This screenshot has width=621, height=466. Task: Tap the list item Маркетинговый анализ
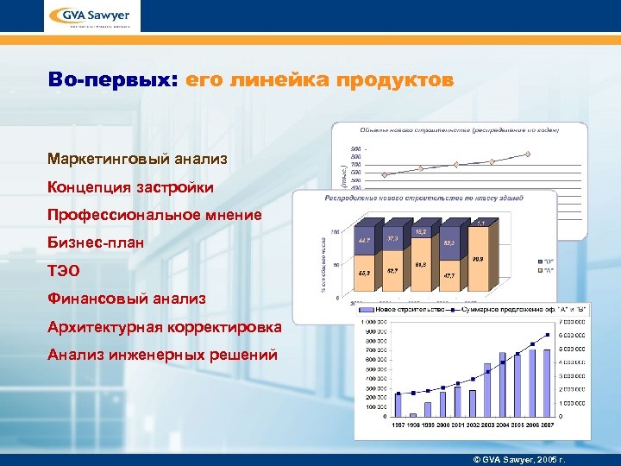click(x=138, y=160)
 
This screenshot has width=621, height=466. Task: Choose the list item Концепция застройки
click(x=131, y=187)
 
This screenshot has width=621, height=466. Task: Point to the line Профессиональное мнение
click(x=155, y=215)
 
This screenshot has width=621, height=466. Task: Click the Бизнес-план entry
click(x=96, y=242)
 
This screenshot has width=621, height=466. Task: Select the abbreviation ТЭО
click(x=64, y=270)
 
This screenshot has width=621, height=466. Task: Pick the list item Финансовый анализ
click(x=127, y=299)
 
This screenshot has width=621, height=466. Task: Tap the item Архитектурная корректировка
click(x=165, y=326)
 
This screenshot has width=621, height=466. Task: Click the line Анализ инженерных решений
click(x=163, y=354)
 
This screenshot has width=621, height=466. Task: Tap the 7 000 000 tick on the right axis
click(x=573, y=322)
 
